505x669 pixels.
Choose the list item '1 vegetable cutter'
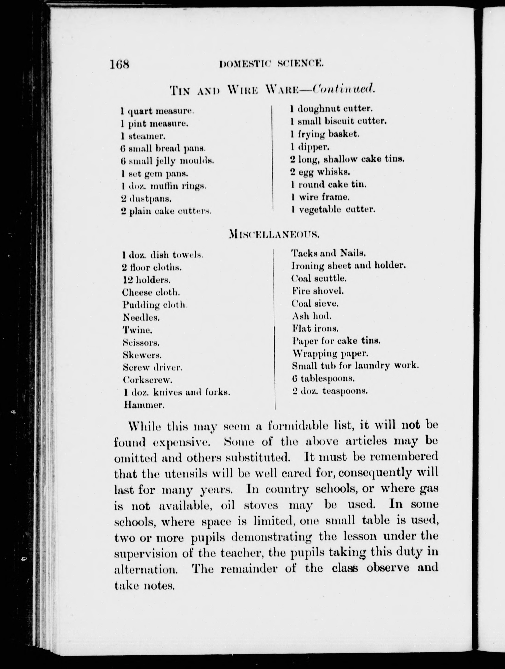[333, 209]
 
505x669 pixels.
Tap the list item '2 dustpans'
[146, 199]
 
